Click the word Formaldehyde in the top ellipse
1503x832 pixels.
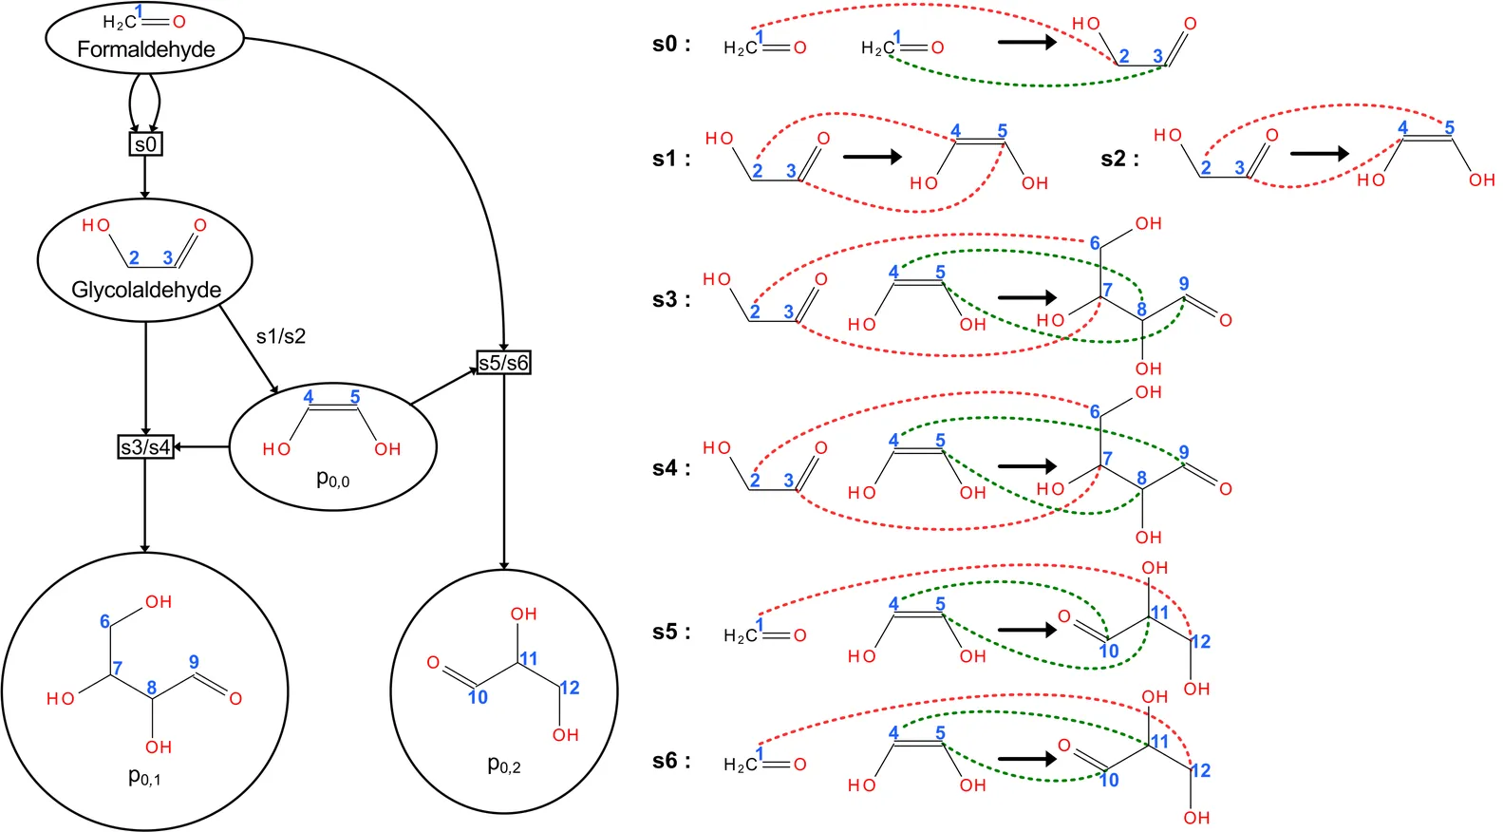145,49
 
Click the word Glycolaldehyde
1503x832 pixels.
146,290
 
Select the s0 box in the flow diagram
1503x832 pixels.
145,144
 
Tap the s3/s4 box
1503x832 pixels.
145,446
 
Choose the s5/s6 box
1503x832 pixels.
503,363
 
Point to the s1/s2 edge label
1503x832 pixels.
281,336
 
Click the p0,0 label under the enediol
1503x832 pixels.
332,480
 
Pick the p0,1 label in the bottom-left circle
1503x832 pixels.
144,777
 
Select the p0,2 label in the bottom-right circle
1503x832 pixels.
503,765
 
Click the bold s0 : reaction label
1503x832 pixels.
671,45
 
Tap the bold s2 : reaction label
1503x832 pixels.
1119,159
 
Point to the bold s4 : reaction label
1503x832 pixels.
671,468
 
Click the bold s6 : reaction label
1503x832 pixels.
671,761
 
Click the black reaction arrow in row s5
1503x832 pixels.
1026,629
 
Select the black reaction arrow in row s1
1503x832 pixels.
872,157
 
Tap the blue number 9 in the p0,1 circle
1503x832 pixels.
194,662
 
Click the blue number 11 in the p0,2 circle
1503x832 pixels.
529,658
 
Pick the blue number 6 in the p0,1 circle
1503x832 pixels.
104,621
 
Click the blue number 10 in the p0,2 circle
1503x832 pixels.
478,698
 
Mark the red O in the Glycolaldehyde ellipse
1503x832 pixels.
200,225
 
